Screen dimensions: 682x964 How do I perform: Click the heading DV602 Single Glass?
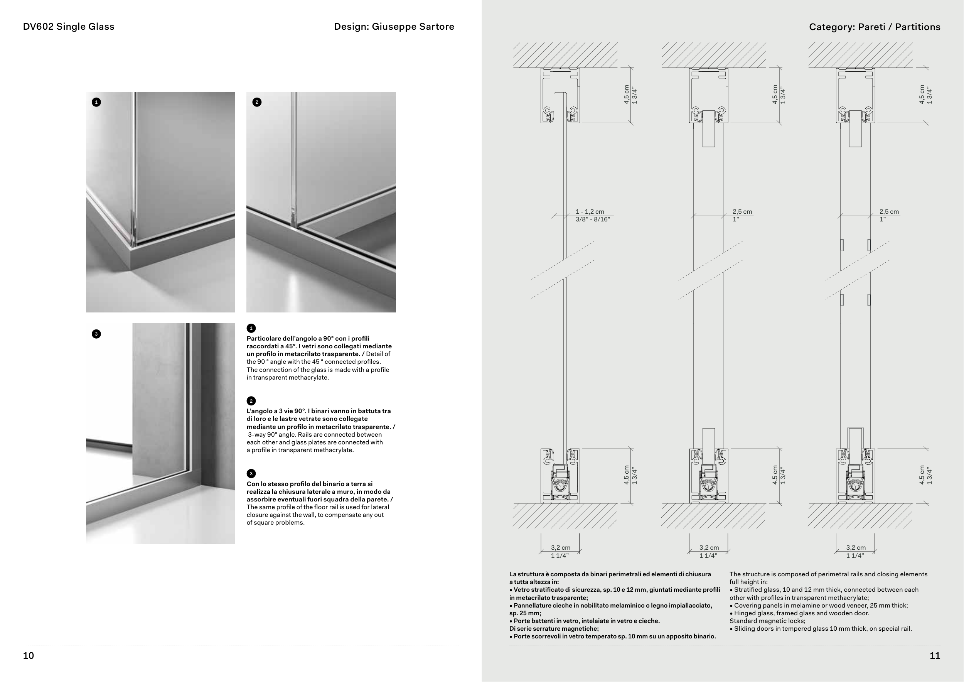pos(68,27)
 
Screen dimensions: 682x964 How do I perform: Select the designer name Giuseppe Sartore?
pos(413,27)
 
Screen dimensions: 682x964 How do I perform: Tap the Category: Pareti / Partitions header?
pos(875,27)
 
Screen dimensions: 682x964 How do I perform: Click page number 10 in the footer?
pos(28,655)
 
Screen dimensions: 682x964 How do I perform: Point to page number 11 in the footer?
pos(935,655)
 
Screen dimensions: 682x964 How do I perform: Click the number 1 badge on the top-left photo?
pos(96,102)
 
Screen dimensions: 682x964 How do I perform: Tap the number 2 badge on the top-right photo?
pos(257,102)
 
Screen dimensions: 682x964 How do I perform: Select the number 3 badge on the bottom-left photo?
pos(96,334)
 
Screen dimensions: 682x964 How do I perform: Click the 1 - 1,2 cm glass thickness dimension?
pos(590,212)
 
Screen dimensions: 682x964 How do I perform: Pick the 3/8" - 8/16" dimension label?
pos(592,219)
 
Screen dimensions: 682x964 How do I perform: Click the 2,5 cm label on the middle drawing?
pos(742,212)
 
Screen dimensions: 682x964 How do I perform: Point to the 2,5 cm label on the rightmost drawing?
pos(889,212)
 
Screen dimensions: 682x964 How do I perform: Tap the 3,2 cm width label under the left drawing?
pos(561,548)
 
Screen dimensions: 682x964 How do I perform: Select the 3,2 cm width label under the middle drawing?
pos(709,548)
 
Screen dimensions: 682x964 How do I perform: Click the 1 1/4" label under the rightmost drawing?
pos(855,555)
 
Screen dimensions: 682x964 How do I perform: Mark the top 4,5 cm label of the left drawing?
pos(627,95)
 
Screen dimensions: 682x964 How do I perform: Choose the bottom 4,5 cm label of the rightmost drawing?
pos(922,475)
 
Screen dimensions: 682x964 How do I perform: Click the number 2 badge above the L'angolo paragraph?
pos(251,401)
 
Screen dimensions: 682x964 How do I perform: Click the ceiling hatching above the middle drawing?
pos(714,55)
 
